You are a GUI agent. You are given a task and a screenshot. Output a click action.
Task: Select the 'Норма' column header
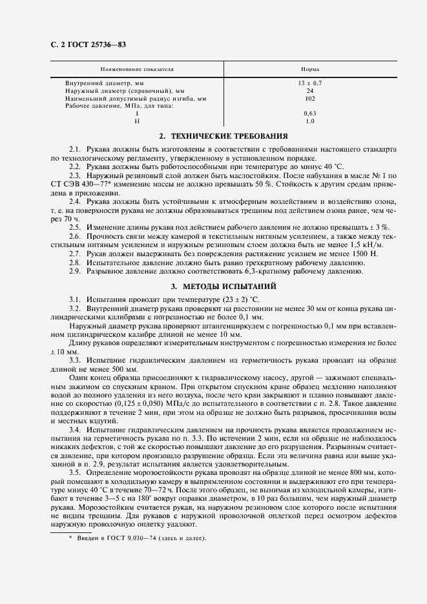309,68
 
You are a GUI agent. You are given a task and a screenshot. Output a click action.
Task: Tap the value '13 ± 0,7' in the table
309,83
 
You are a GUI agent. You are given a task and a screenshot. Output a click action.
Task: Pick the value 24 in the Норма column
309,91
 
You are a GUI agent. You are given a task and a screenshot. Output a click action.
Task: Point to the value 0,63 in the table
309,113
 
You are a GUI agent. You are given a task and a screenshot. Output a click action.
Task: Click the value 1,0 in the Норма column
309,121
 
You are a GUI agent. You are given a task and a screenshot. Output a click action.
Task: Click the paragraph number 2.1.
75,149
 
